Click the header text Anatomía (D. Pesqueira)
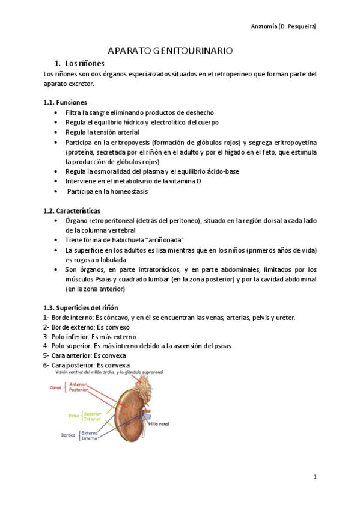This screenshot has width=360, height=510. click(x=283, y=26)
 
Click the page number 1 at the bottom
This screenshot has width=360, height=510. click(x=314, y=476)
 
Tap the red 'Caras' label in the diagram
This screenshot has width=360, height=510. click(x=56, y=387)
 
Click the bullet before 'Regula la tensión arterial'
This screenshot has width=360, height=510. click(x=56, y=132)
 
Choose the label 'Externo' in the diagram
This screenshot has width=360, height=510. click(x=90, y=432)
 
